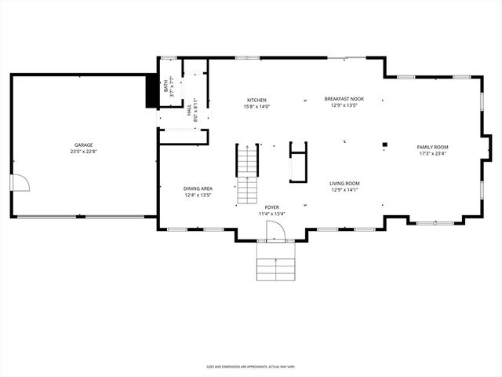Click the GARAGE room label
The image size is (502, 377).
coord(84,145)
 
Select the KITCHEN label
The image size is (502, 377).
coord(257,100)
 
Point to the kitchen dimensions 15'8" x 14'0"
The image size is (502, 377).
coord(257,106)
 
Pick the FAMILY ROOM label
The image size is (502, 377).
coord(432,147)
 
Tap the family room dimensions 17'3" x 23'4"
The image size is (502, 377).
coord(432,153)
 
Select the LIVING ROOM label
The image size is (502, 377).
coord(344,183)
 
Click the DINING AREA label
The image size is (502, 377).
coord(198,188)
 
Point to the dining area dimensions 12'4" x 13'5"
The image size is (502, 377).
coord(198,195)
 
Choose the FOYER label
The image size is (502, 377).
coord(272,207)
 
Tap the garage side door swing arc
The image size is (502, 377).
coord(21,183)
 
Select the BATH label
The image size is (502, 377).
coord(166,88)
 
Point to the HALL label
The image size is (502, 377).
coord(189,115)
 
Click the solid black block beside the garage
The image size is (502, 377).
coord(152,93)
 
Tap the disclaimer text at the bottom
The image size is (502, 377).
coord(251,366)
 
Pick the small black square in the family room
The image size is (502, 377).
coord(384,144)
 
